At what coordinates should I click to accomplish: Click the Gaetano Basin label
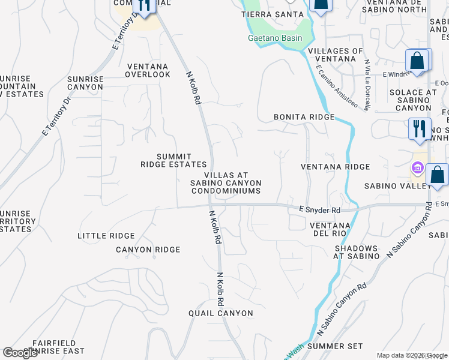[x=275, y=38]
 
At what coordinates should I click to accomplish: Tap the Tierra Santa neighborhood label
[x=269, y=14]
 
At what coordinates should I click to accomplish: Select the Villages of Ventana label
[x=336, y=55]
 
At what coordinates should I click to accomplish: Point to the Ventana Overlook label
[x=148, y=70]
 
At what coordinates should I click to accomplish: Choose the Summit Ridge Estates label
[x=173, y=160]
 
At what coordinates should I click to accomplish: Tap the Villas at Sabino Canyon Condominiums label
[x=226, y=182]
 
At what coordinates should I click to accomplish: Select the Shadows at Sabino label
[x=357, y=252]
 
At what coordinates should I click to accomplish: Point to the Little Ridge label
[x=106, y=236]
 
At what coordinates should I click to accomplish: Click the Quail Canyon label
[x=217, y=313]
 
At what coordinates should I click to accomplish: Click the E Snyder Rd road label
[x=319, y=210]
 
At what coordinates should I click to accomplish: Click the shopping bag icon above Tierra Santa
[x=321, y=5]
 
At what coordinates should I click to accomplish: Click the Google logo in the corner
[x=21, y=353]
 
